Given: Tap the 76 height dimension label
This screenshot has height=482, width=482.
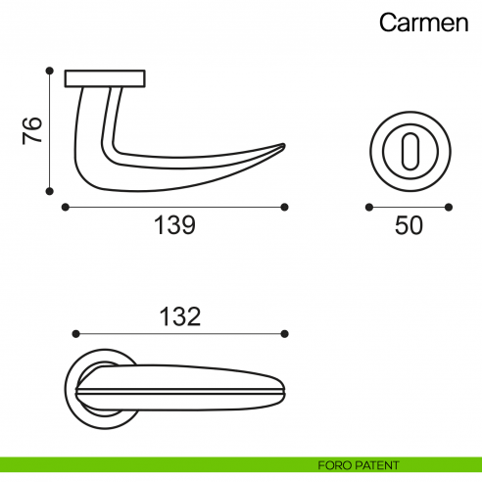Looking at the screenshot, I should click(x=31, y=130).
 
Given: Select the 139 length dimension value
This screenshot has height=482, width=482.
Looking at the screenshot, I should click(x=175, y=225).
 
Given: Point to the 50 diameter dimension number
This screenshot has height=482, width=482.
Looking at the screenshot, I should click(x=409, y=225).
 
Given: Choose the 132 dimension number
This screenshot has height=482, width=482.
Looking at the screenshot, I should click(x=180, y=316).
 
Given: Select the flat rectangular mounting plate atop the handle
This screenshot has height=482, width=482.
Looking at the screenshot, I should click(x=105, y=78).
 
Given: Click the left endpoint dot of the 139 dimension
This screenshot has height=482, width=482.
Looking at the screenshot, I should click(x=65, y=207).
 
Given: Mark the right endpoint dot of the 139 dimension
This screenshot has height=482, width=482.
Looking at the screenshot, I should click(x=284, y=207).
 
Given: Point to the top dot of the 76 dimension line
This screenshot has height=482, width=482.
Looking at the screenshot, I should click(x=49, y=70).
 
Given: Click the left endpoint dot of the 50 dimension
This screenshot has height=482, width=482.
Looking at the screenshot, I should click(x=368, y=207).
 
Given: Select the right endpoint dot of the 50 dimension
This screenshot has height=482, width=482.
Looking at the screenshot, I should click(x=449, y=207).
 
